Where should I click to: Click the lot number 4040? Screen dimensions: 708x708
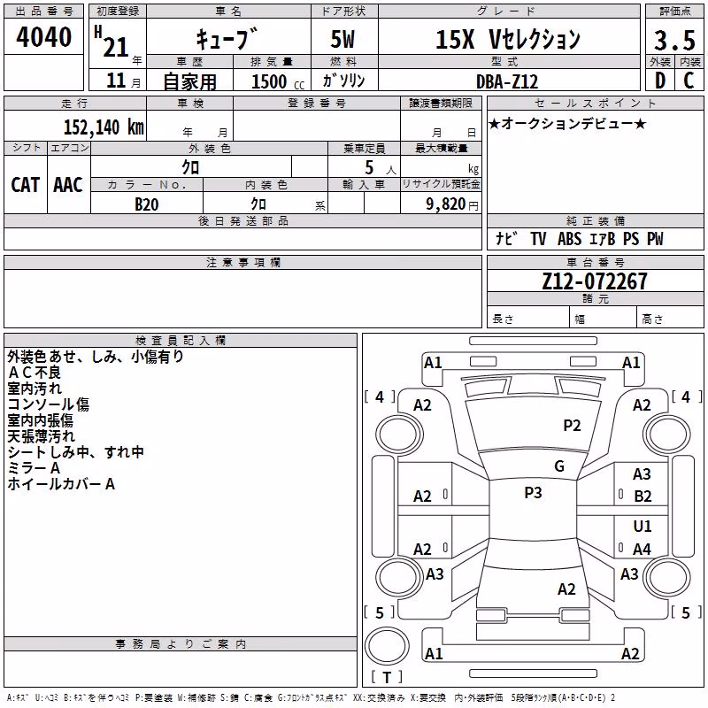43,37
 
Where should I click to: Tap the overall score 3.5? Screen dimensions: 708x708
674,40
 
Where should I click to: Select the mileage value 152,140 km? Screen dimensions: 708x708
104,127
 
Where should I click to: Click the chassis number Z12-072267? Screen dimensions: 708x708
595,281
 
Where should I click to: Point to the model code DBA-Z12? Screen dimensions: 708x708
507,81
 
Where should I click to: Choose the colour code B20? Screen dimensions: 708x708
147,204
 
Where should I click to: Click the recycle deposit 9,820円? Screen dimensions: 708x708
452,204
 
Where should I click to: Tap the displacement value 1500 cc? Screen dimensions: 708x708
278,81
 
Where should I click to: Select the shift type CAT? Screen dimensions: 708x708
26,185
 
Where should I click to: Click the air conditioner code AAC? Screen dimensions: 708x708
68,185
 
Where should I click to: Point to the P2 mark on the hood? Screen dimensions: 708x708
572,425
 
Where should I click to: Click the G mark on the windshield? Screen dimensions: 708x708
559,466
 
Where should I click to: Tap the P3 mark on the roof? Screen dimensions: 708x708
533,492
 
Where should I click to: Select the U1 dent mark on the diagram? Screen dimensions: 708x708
643,526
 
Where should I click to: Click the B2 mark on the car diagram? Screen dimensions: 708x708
643,496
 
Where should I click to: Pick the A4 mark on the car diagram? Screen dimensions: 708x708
642,549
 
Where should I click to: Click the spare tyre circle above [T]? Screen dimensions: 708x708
387,646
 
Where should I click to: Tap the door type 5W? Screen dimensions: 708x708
342,39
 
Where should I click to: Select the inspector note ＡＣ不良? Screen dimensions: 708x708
34,373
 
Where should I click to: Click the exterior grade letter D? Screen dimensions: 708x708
660,81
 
